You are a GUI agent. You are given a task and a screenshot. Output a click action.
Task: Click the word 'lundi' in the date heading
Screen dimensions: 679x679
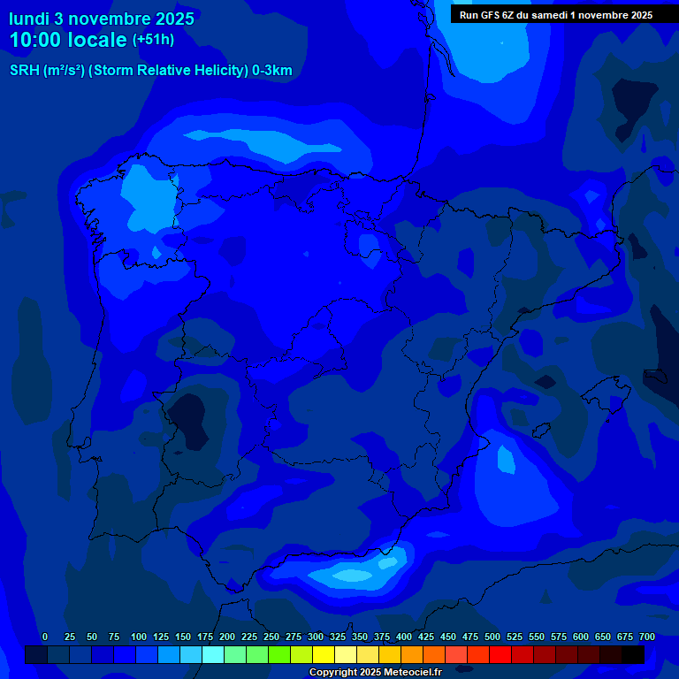28,19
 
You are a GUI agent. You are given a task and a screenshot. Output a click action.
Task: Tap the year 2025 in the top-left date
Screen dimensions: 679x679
172,19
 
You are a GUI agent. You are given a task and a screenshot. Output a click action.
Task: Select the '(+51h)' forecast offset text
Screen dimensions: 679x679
153,40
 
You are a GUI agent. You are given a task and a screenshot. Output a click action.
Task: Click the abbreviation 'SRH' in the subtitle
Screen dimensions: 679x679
24,71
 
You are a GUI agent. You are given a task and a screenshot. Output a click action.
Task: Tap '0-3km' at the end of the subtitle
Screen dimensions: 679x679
272,71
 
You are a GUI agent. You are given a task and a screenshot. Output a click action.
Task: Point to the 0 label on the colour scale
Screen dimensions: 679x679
45,637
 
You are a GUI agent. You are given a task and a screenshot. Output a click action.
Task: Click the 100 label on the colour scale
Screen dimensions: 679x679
138,637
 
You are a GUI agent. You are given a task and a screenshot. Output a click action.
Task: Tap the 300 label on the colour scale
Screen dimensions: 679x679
316,637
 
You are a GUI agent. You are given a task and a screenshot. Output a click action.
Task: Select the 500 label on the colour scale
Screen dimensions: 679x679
492,637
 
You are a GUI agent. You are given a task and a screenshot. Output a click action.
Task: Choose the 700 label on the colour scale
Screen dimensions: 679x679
647,637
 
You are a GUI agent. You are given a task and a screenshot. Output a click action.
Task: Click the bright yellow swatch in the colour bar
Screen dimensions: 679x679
324,655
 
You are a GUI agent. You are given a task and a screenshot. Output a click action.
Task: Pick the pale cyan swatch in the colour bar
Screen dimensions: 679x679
213,655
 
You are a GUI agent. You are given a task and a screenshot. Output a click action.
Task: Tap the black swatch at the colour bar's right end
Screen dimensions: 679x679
633,655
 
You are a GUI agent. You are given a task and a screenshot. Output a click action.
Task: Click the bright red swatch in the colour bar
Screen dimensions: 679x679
500,655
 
